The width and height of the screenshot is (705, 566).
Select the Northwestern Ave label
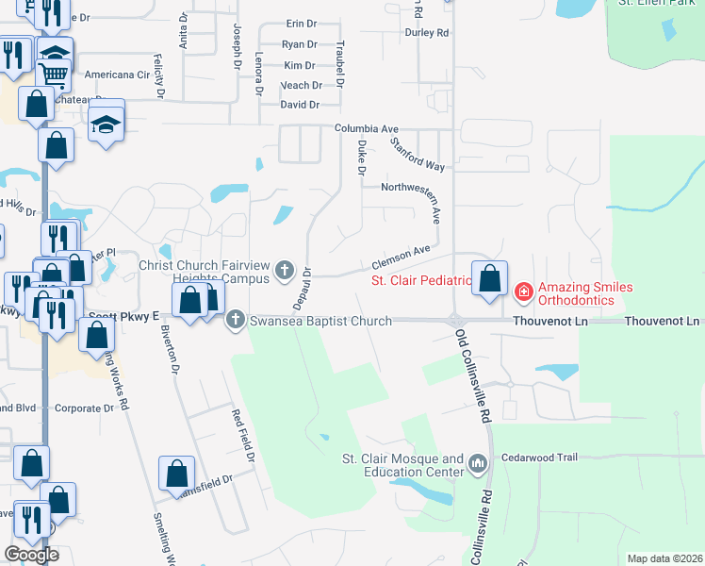click(410, 188)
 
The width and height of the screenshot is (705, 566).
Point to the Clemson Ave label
click(401, 255)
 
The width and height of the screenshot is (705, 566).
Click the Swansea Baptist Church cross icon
click(236, 321)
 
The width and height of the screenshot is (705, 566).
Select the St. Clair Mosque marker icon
click(478, 463)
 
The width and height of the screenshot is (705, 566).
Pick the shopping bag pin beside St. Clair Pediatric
click(489, 279)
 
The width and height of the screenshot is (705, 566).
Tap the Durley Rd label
click(426, 33)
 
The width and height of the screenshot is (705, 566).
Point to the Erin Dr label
click(300, 25)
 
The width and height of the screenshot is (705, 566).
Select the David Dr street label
click(300, 105)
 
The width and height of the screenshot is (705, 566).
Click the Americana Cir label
click(118, 75)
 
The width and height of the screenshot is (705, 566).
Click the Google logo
click(31, 555)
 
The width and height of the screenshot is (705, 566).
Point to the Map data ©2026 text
click(664, 558)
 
